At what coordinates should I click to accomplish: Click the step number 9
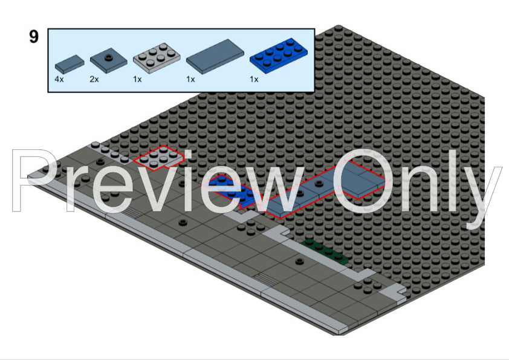(x=34, y=36)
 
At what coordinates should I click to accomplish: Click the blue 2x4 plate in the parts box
(x=278, y=56)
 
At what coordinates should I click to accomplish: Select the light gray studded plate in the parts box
(x=157, y=58)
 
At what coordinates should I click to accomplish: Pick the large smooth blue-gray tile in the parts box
(x=215, y=57)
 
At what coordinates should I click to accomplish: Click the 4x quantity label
(x=59, y=79)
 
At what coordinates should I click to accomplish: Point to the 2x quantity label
(x=94, y=79)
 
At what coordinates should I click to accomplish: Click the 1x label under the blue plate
(x=254, y=79)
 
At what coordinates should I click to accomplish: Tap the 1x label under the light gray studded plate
(x=137, y=79)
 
